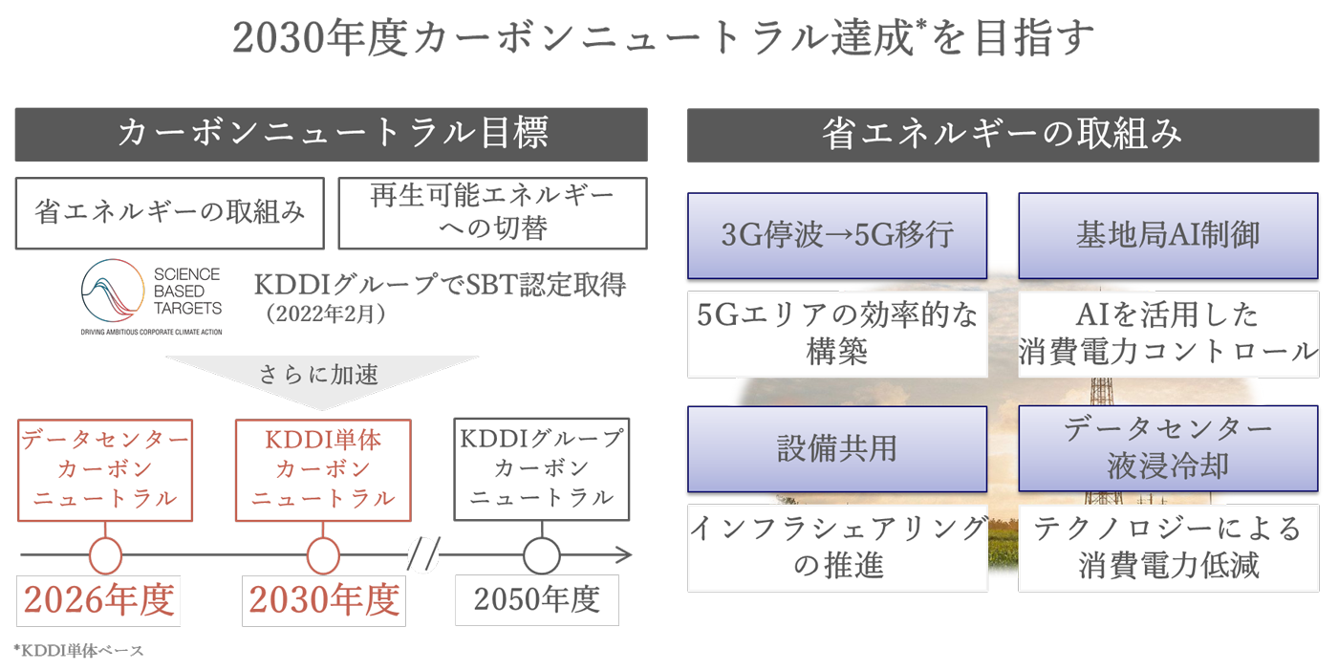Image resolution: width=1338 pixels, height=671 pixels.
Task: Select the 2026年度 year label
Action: pos(100,600)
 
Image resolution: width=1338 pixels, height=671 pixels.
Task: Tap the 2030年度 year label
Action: pos(324,600)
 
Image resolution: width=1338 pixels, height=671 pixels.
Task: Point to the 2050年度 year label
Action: pos(537,600)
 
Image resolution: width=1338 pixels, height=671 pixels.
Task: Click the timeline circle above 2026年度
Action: pos(105,555)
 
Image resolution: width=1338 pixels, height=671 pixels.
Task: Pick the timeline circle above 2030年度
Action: pos(323,555)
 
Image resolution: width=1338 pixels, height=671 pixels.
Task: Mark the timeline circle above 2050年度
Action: pos(542,555)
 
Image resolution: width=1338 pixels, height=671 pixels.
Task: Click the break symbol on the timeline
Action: pos(423,555)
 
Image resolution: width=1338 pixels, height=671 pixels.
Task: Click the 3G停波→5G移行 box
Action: pos(836,235)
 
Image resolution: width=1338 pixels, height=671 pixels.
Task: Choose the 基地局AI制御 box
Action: pos(1167,235)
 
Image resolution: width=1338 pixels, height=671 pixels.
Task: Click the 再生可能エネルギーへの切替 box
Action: pos(492,212)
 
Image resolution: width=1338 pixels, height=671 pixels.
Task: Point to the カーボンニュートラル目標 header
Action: pos(331,134)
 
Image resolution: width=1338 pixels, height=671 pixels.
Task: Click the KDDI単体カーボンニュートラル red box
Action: pos(323,469)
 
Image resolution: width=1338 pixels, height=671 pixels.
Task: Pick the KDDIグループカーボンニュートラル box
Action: pos(542,469)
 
